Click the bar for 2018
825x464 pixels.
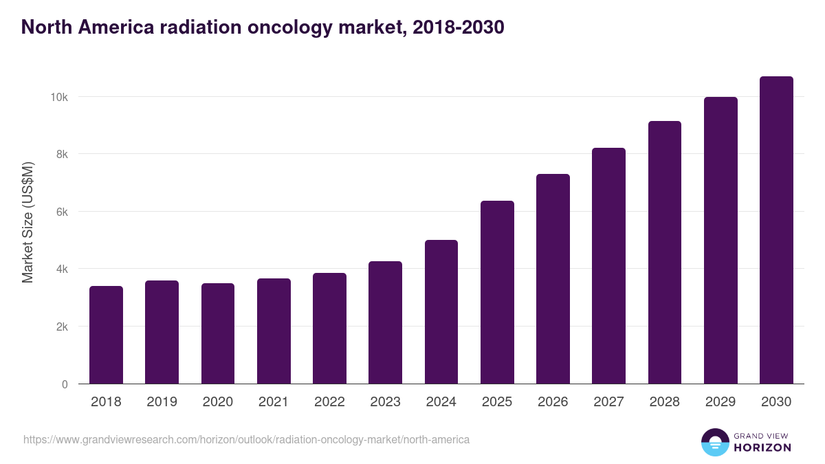[106, 335]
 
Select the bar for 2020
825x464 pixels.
[218, 333]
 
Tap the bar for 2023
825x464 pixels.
[385, 322]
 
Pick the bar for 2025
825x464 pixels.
[497, 292]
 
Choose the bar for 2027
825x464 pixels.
[608, 266]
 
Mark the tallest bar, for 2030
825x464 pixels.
[776, 230]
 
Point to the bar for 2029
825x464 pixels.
[720, 241]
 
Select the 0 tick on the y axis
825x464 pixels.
[65, 384]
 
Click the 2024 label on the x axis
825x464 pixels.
[441, 402]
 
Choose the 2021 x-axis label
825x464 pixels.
[274, 402]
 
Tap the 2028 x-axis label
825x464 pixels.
[664, 402]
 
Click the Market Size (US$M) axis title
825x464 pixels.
[27, 222]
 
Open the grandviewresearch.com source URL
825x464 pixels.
[246, 439]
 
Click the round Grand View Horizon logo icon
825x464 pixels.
[714, 442]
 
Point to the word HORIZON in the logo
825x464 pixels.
[762, 448]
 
